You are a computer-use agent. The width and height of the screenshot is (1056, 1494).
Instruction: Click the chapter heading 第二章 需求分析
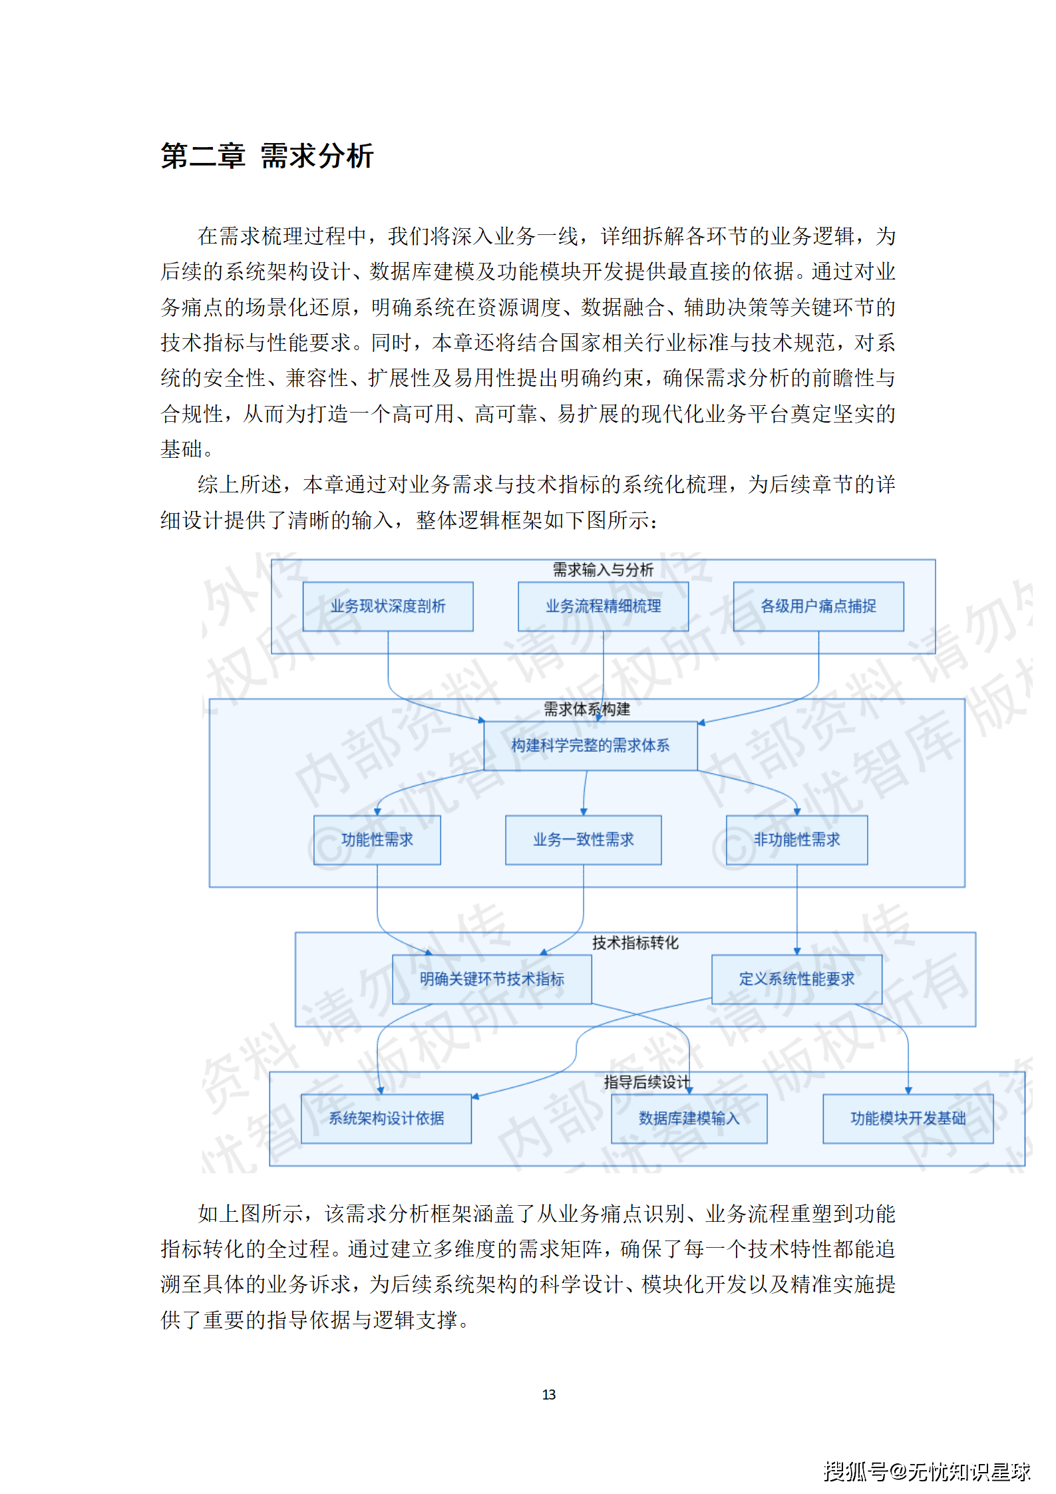(267, 156)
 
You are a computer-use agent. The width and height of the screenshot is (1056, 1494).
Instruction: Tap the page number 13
(548, 1394)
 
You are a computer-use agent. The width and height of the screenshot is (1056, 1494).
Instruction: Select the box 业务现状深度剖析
(388, 606)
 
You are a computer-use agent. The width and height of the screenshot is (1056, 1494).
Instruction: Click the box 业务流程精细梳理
(603, 606)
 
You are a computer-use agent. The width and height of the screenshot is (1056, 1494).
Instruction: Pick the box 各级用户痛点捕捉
(818, 606)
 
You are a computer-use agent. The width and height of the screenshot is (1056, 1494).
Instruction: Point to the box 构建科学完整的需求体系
(590, 745)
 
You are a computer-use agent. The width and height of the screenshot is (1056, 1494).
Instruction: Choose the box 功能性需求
(377, 840)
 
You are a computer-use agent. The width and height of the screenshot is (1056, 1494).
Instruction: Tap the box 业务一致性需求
(583, 840)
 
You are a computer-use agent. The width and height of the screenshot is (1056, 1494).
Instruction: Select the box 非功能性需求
(796, 840)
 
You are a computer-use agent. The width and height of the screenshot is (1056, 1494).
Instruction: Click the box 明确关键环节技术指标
(492, 979)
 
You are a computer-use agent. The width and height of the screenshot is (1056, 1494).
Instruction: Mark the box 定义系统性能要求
(796, 979)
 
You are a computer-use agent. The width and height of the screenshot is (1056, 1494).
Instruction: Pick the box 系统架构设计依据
(386, 1119)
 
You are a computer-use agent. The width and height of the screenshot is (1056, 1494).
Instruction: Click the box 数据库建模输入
(689, 1119)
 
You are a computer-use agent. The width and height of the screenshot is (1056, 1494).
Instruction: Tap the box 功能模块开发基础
(908, 1119)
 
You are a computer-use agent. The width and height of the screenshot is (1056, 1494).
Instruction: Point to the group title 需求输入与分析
(603, 570)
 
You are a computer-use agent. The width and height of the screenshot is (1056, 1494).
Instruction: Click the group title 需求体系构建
(587, 709)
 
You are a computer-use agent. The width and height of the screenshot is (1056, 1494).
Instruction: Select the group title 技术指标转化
(635, 942)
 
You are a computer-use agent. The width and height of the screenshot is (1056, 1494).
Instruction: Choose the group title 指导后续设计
(646, 1082)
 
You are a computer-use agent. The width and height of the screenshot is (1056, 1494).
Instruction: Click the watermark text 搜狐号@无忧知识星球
(926, 1471)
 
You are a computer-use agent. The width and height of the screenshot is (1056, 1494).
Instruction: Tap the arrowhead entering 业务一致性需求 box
(584, 812)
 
